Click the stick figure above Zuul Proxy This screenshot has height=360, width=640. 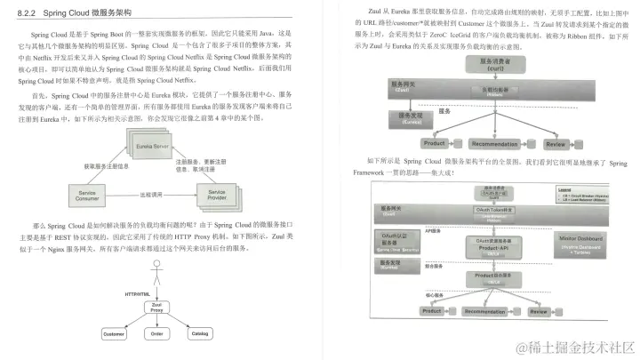click(x=156, y=278)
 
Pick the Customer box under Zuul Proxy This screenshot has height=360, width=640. click(x=113, y=334)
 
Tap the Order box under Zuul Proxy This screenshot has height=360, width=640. click(x=156, y=334)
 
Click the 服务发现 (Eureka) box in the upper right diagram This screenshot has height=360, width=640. click(x=411, y=118)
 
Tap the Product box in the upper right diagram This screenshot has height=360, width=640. click(x=435, y=144)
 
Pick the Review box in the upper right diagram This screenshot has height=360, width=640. click(x=556, y=144)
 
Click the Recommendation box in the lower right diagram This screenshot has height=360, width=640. click(x=492, y=312)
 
